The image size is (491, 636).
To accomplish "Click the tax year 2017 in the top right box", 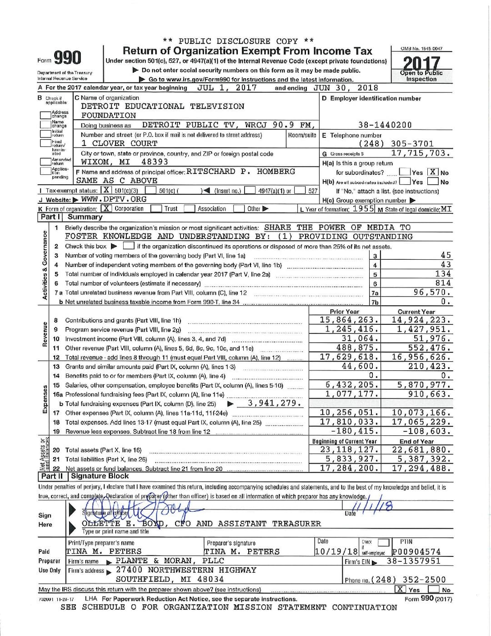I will pyautogui.click(x=421, y=63).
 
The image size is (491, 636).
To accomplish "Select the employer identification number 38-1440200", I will pyautogui.click(x=385, y=125).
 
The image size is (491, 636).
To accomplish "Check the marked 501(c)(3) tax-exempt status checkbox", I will pyautogui.click(x=106, y=191).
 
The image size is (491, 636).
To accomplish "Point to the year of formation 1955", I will pyautogui.click(x=364, y=209).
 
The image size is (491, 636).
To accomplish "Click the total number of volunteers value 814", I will pyautogui.click(x=443, y=283).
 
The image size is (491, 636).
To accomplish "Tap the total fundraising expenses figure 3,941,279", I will pyautogui.click(x=274, y=403).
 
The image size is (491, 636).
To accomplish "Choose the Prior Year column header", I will pyautogui.click(x=344, y=312).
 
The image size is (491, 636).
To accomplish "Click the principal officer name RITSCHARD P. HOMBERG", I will pyautogui.click(x=240, y=172).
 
